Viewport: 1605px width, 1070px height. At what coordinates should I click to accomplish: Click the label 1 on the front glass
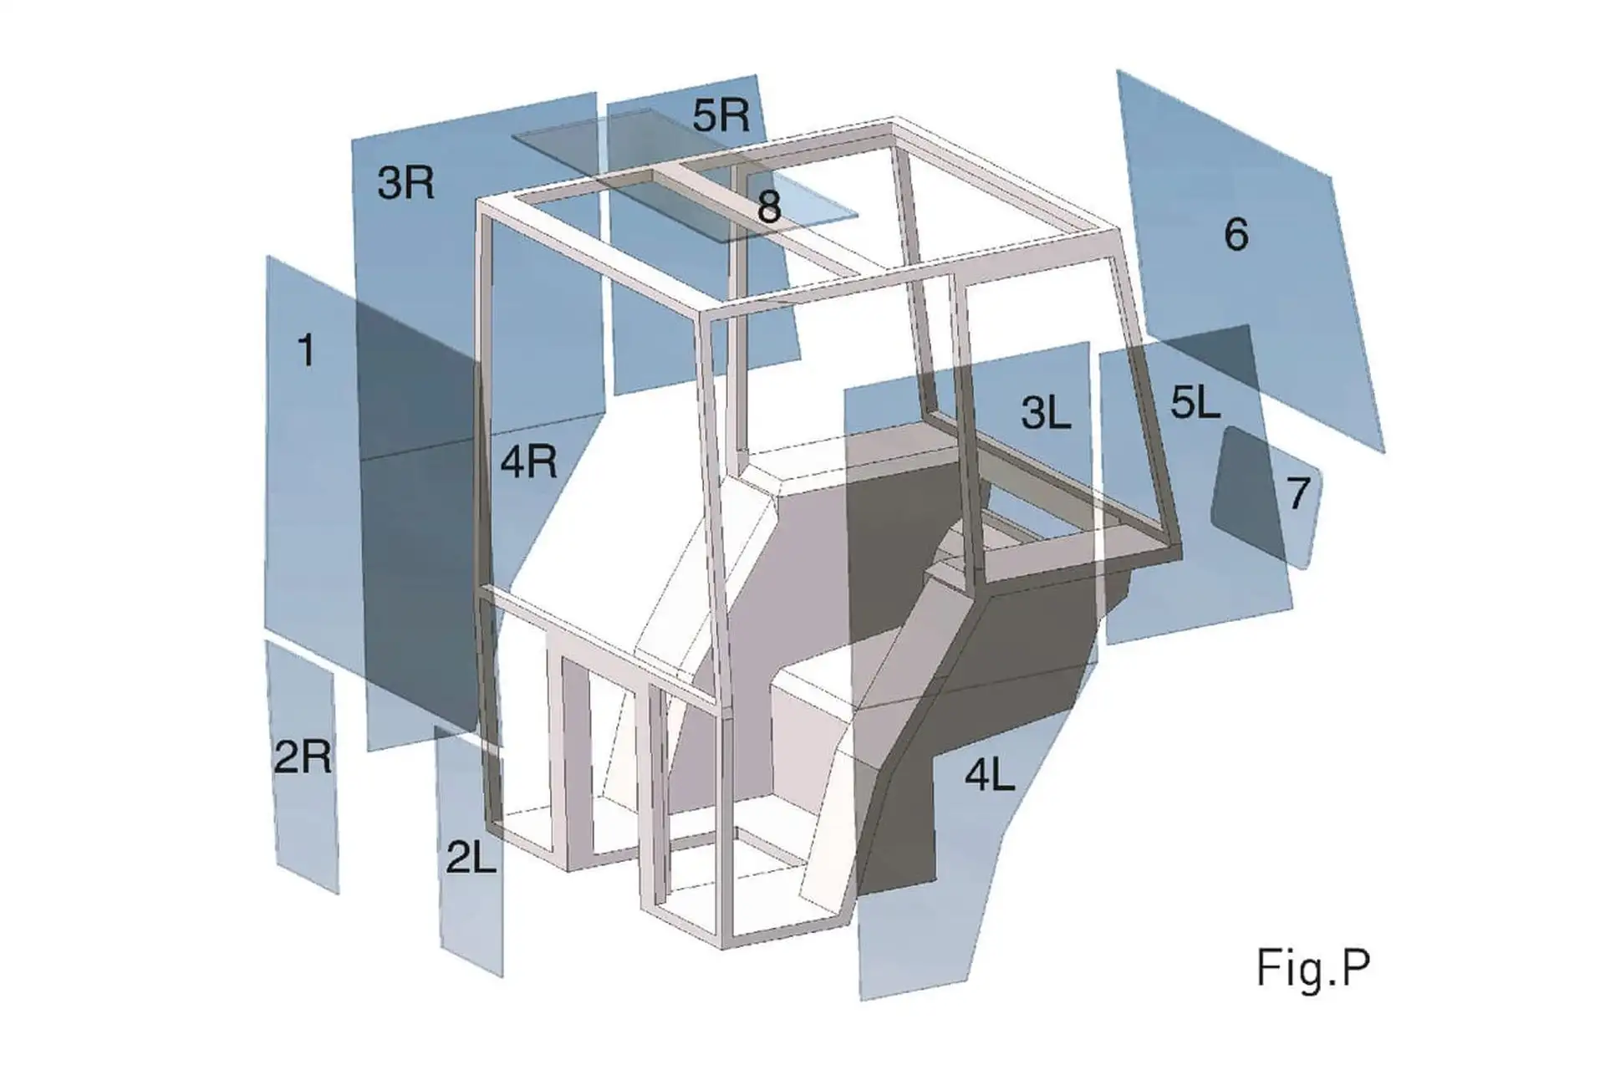306,349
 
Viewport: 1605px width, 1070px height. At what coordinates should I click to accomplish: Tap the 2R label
302,757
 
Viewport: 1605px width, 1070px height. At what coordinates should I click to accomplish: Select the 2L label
471,858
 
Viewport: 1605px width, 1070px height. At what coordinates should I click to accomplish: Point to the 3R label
405,182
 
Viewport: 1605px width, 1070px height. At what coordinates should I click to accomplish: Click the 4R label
528,461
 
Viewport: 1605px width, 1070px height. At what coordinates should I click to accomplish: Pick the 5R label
721,115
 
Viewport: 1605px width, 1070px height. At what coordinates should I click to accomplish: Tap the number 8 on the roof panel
768,206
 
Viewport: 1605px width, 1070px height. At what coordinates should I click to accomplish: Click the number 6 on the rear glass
1236,234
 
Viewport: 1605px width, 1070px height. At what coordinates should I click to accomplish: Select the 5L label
1195,404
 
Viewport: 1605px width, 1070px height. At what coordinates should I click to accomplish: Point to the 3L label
1046,412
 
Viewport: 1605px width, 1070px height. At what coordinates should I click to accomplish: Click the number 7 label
1297,493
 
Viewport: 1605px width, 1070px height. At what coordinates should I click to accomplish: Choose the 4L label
990,776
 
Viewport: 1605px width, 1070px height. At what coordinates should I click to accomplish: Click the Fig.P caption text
1312,968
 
